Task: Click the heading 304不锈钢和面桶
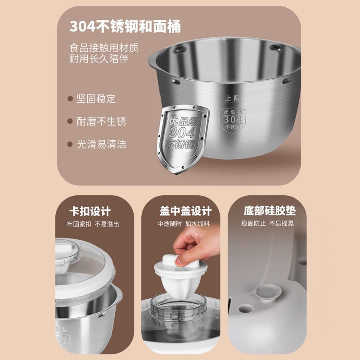tap(125, 27)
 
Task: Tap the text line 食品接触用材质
tap(103, 47)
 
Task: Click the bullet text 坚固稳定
tap(95, 99)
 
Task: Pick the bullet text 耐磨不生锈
tap(101, 121)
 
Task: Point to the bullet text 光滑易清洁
tap(101, 144)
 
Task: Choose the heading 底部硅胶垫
tap(268, 211)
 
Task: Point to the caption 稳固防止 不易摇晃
tap(268, 224)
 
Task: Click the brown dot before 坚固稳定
tap(70, 99)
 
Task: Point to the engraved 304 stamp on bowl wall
tap(233, 120)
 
